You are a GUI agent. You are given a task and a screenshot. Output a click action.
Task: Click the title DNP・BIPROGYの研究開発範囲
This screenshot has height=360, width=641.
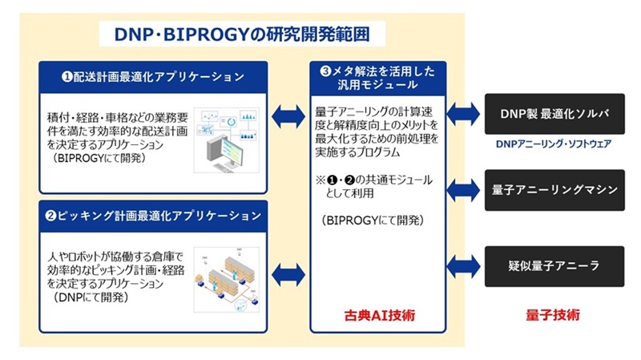[x=241, y=34]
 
